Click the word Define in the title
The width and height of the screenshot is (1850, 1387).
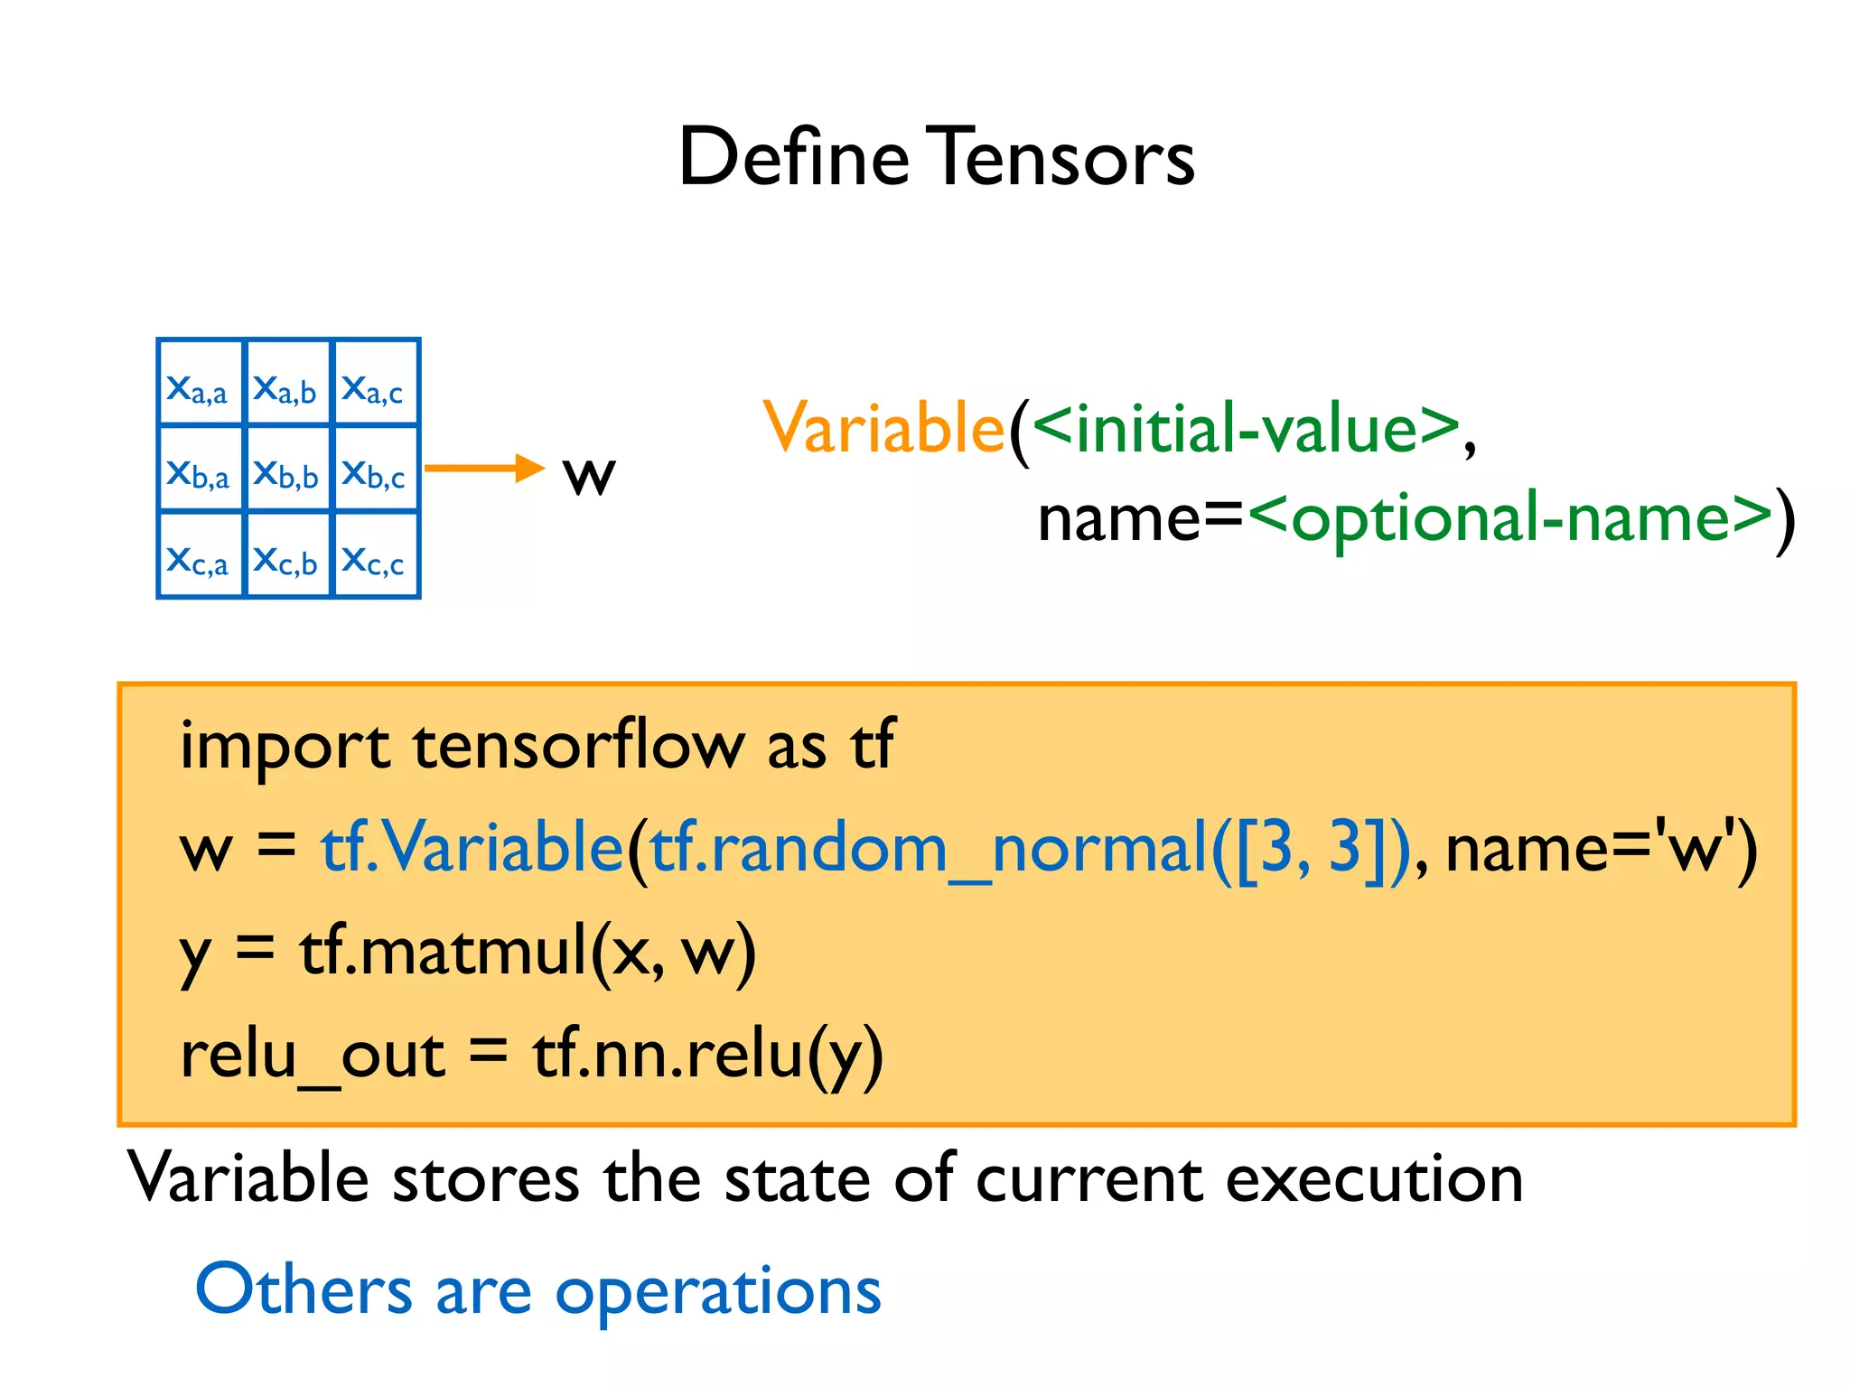(793, 157)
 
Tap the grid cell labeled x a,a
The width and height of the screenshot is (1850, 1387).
(200, 383)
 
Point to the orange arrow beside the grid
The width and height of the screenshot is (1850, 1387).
(483, 468)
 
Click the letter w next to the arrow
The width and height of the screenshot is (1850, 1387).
(589, 473)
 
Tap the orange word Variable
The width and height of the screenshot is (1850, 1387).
(883, 427)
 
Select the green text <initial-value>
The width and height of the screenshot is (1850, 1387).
(1245, 427)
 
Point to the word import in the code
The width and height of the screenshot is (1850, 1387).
(285, 746)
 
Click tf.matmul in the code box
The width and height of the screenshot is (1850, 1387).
(443, 950)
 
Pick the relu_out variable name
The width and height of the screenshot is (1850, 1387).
(312, 1055)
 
